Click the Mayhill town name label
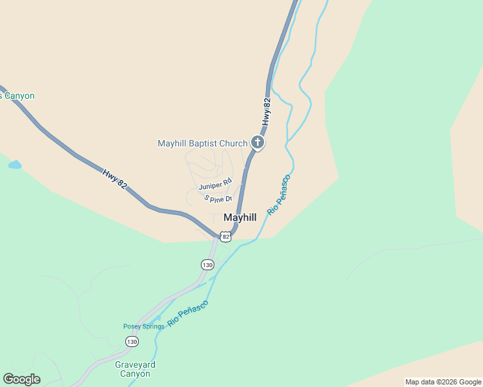[x=240, y=217]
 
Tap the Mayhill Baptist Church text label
[x=202, y=143]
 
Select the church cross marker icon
[x=258, y=143]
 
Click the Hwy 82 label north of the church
[x=267, y=111]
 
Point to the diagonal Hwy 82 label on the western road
[x=114, y=179]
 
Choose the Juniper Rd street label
[x=214, y=185]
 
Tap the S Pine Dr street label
[x=218, y=198]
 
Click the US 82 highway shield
[x=225, y=237]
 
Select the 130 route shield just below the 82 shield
[x=207, y=264]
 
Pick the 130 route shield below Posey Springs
[x=132, y=341]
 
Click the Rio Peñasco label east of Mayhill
[x=279, y=194]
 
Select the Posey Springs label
[x=143, y=326]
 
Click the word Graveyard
[x=135, y=364]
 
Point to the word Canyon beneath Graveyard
[x=135, y=374]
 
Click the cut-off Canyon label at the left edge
[x=17, y=96]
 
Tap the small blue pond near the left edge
[x=14, y=165]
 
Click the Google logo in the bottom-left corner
[x=21, y=379]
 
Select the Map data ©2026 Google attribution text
[x=442, y=382]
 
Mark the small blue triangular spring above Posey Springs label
[x=157, y=318]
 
